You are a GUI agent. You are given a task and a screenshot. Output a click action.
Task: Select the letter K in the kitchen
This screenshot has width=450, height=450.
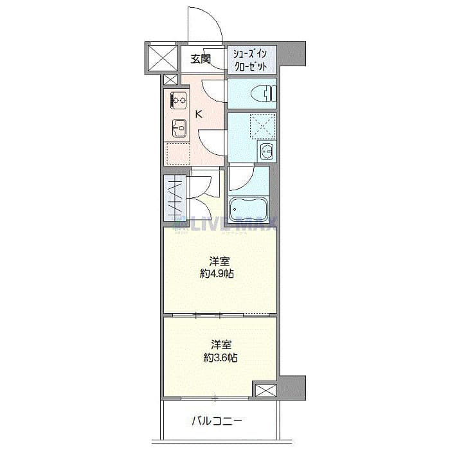[199, 115]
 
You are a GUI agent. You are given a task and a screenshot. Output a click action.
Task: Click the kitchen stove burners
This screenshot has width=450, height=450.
[178, 100]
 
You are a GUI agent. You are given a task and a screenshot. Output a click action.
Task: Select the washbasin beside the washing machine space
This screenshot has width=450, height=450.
[266, 152]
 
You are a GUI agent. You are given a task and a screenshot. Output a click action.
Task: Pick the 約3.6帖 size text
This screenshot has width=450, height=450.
[221, 357]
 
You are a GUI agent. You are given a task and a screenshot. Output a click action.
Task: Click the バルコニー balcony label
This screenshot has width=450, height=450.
[217, 422]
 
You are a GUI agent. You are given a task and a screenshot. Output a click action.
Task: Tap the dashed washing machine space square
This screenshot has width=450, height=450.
[262, 127]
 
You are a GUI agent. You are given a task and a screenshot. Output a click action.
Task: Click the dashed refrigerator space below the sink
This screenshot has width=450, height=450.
[178, 152]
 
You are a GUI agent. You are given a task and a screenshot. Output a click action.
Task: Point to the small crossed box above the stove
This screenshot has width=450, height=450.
[170, 80]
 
